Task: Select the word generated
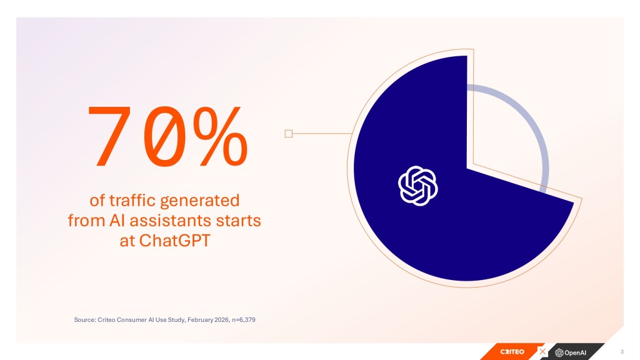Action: (199, 201)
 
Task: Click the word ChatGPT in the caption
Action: (175, 241)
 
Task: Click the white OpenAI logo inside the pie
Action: (418, 186)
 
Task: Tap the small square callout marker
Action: (289, 134)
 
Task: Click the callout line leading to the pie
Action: (322, 134)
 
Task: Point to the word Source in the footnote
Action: (84, 319)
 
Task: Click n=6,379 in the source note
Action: (244, 319)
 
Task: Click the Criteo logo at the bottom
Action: (512, 352)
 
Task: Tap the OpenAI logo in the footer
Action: (571, 352)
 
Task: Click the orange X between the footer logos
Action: (542, 351)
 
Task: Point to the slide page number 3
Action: (622, 351)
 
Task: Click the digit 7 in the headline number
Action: (109, 136)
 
